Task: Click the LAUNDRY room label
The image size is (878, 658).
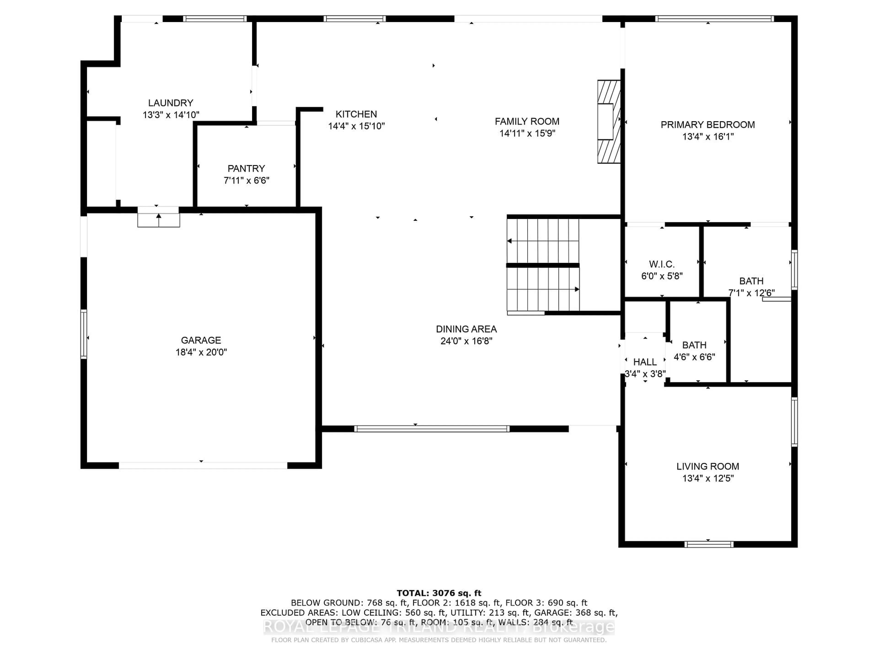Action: click(171, 103)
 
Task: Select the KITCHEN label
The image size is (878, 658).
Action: click(356, 114)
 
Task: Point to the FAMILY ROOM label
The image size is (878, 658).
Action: click(527, 121)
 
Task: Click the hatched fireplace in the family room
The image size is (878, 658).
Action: click(608, 122)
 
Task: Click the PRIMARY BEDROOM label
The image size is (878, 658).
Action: click(707, 125)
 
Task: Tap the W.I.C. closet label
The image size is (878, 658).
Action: click(662, 264)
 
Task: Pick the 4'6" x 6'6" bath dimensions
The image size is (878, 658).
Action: click(694, 357)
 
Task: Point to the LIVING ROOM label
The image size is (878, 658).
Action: click(707, 467)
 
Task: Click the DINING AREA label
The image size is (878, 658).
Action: click(466, 329)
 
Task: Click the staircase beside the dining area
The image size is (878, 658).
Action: click(543, 265)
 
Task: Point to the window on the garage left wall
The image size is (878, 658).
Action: click(84, 334)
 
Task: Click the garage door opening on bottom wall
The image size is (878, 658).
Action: click(203, 466)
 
